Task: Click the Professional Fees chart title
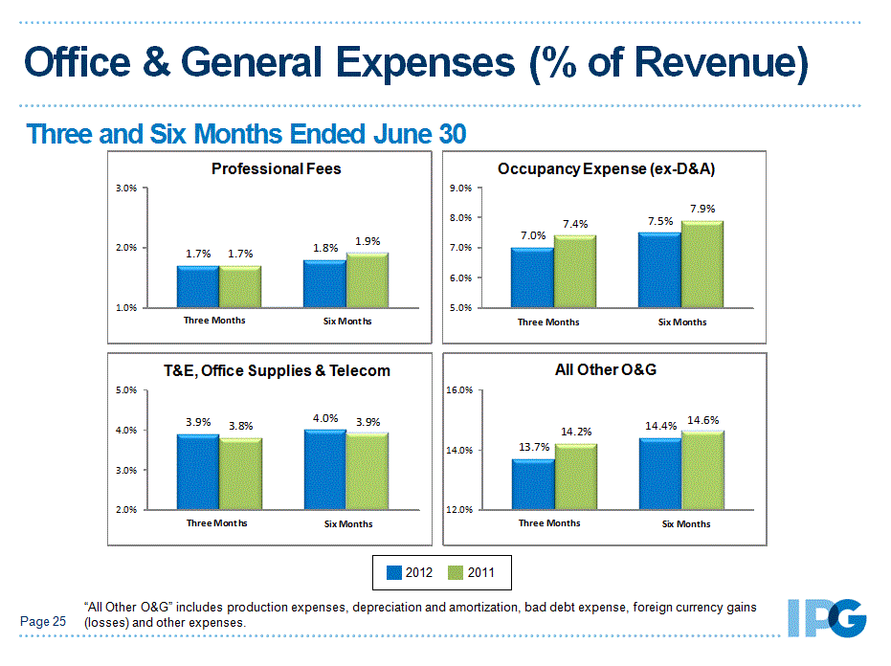[x=276, y=169]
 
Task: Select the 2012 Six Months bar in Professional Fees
[x=325, y=283]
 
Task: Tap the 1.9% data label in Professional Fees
[x=368, y=242]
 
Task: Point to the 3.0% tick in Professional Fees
[x=126, y=189]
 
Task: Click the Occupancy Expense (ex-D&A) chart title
[x=607, y=169]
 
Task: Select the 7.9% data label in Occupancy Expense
[x=702, y=209]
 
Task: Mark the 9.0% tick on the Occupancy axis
[x=460, y=189]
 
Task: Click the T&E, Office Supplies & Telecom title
[x=276, y=370]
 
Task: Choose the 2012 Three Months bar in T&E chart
[x=198, y=472]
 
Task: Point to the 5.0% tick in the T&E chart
[x=126, y=390]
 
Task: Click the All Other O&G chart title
[x=606, y=369]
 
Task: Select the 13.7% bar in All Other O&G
[x=533, y=484]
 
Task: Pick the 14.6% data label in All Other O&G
[x=703, y=419]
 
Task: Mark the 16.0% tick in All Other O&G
[x=461, y=390]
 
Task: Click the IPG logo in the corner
[x=826, y=618]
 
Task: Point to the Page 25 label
[x=43, y=622]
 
